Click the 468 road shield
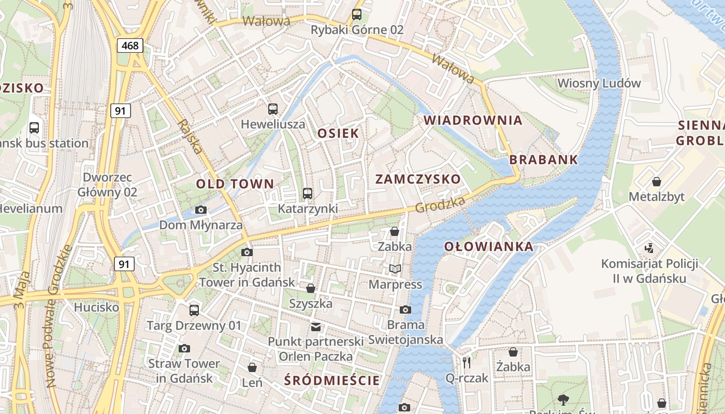pos(129,46)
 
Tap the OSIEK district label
pos(338,133)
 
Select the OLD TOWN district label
pos(235,184)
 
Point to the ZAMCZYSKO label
pos(417,179)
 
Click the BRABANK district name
pos(543,159)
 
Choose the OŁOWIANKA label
pos(489,246)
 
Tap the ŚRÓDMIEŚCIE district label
pos(332,381)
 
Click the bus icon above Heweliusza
pos(273,109)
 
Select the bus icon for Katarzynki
pos(308,194)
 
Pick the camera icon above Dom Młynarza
pos(201,210)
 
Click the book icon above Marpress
pos(395,269)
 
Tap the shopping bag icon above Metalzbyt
pos(657,182)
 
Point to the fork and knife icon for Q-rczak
pos(467,362)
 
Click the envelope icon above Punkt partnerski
pos(315,327)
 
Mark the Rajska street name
pos(190,137)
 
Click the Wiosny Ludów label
pos(599,83)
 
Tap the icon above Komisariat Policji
pos(649,248)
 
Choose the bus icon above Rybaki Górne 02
pos(357,14)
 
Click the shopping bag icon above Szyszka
pos(311,288)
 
